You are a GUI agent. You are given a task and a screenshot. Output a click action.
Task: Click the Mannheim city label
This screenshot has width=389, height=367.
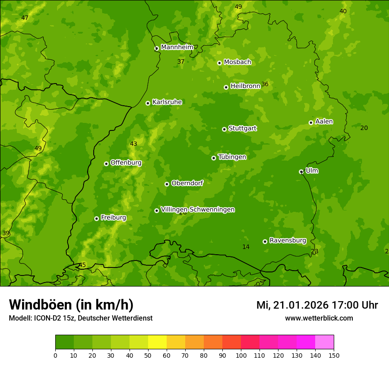coord(177,47)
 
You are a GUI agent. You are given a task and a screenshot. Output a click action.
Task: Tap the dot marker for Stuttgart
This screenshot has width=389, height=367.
coord(224,129)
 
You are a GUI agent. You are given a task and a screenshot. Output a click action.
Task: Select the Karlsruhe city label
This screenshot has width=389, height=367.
coord(167,102)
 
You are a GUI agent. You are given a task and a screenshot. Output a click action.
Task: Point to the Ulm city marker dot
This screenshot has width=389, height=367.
coord(301,172)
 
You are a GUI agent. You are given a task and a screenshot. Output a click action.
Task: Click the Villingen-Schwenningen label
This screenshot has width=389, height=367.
coord(198,210)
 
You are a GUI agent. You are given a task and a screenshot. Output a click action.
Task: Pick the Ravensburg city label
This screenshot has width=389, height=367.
coord(287,241)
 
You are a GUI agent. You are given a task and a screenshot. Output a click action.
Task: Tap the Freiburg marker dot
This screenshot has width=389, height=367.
coord(96,218)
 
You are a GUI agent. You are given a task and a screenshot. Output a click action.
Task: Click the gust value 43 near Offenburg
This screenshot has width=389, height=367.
coord(133,144)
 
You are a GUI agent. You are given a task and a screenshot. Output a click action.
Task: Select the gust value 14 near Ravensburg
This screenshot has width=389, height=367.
coord(246,247)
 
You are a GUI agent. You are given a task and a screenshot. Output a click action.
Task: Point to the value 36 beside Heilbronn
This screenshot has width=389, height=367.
coord(265,84)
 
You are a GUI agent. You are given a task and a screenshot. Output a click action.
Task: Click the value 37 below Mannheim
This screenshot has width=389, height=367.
coord(181,62)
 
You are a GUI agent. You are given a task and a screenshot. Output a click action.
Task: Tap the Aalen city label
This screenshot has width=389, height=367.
coord(324,122)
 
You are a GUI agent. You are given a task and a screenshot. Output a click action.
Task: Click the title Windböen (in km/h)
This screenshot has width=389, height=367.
coord(71,305)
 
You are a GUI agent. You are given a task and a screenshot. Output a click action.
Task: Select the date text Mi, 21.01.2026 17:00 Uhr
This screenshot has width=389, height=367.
coord(317,305)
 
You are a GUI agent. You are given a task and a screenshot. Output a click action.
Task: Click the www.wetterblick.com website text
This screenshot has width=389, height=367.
coord(319,318)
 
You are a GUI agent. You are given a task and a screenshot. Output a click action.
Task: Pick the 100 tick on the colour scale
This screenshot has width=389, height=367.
coord(241,355)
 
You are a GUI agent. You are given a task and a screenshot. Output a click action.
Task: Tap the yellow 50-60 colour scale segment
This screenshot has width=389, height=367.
coord(157,342)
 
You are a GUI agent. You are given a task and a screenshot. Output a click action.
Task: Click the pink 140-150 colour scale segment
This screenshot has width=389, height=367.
coord(324,342)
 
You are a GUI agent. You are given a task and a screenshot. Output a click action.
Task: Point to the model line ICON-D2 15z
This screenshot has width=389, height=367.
coord(80,318)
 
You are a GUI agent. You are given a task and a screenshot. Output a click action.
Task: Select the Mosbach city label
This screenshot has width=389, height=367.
coord(237,62)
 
